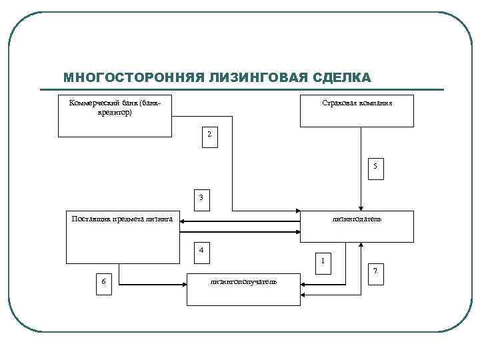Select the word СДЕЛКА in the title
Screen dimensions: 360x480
341,78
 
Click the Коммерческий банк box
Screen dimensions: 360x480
115,115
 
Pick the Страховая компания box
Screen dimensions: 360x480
357,111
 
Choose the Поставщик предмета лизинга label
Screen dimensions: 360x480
123,218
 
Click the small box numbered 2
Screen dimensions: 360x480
209,135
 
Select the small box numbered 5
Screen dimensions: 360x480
375,167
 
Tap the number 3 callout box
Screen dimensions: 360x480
201,198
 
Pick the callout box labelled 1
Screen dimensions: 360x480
322,261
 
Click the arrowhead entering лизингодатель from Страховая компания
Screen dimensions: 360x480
360,207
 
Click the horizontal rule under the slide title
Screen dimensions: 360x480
253,90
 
